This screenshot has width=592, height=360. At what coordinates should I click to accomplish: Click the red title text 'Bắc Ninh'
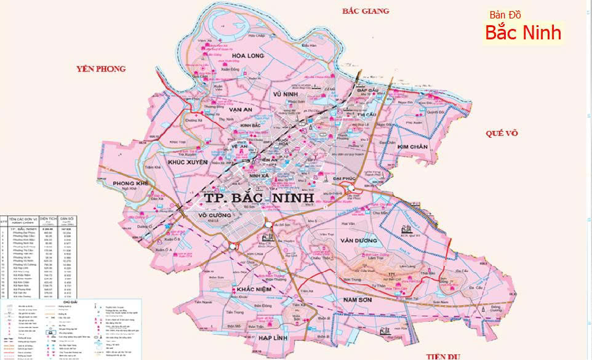[x=523, y=33]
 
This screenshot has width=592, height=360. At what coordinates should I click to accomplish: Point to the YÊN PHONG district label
[x=100, y=69]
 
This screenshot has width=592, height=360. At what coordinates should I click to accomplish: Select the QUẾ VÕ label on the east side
[x=503, y=133]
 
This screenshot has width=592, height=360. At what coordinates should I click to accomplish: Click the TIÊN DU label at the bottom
[x=442, y=356]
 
